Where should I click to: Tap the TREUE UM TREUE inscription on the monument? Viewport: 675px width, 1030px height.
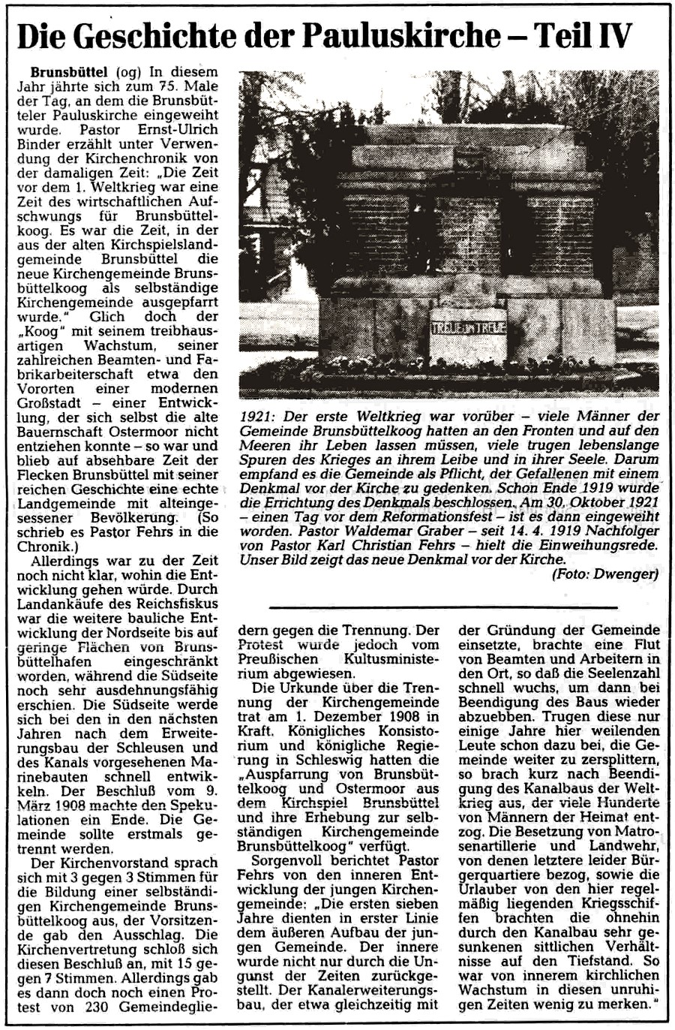(x=468, y=327)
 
